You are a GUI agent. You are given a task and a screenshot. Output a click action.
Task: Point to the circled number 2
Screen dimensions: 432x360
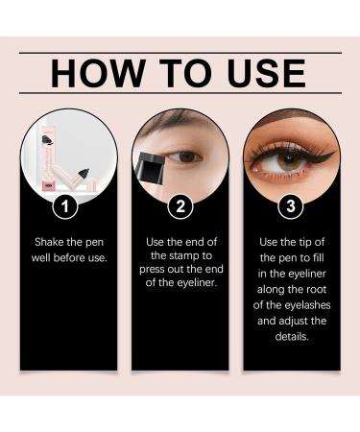click(x=180, y=205)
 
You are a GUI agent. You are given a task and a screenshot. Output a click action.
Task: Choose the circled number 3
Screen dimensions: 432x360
click(x=291, y=205)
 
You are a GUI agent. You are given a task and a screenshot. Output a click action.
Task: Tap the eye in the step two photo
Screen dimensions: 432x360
click(x=190, y=156)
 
